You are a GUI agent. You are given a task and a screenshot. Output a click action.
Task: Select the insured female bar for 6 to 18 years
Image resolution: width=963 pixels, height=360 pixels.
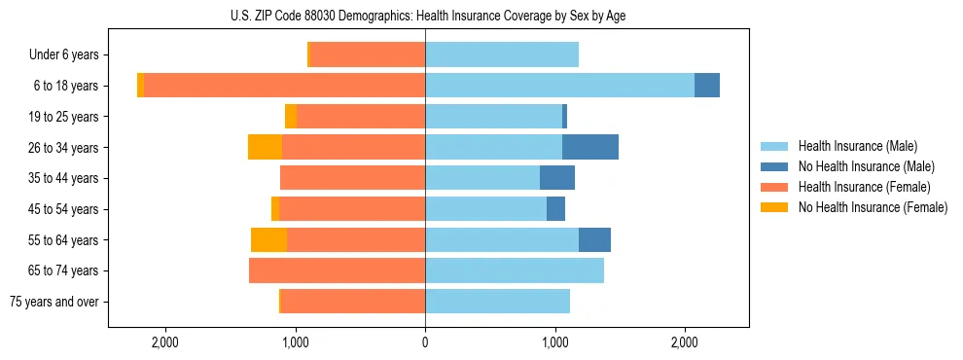(284, 86)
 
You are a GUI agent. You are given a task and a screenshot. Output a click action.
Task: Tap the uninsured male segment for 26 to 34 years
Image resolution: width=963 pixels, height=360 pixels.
(590, 147)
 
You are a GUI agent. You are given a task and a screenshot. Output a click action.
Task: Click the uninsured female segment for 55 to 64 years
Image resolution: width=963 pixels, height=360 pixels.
(268, 239)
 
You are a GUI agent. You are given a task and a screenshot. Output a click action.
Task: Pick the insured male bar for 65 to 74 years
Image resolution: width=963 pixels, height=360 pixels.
(515, 270)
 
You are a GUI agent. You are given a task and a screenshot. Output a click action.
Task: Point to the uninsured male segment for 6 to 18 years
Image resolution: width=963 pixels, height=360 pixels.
(707, 86)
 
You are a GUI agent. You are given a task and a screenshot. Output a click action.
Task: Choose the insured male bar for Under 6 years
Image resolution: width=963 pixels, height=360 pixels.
(502, 54)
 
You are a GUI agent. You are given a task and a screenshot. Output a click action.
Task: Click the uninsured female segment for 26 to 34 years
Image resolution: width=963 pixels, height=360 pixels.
(265, 147)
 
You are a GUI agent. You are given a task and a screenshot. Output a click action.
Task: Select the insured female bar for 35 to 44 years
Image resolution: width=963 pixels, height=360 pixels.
(352, 178)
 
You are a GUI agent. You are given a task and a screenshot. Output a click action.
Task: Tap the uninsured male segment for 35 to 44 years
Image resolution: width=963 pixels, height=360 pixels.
(557, 178)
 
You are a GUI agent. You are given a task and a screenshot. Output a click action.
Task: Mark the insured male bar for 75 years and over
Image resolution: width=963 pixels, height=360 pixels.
(497, 302)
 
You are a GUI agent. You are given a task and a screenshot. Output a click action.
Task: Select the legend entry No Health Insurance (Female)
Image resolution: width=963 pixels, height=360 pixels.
(873, 207)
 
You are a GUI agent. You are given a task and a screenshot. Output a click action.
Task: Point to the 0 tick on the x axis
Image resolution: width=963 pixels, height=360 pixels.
(425, 342)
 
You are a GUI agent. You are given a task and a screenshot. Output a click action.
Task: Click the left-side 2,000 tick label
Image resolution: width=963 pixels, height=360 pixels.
(164, 342)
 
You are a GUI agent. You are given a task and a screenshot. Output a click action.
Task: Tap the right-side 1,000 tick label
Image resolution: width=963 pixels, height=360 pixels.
(554, 342)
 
